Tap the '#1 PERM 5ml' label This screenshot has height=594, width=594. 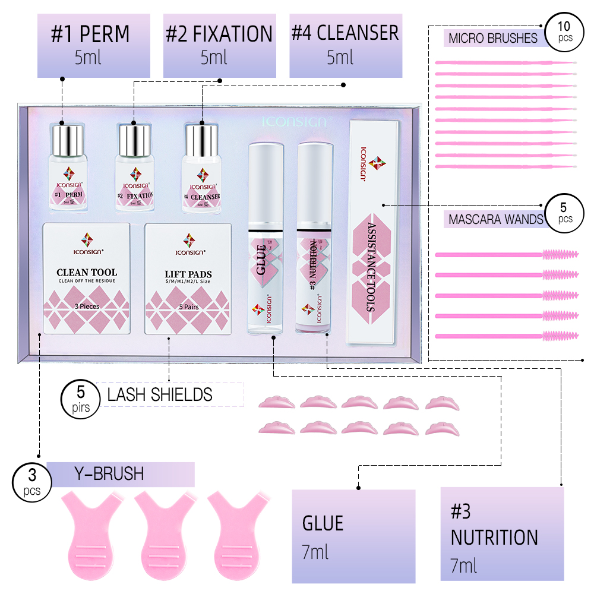pos(90,46)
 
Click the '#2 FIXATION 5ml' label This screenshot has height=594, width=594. pos(220,46)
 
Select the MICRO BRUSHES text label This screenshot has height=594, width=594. pos(493,39)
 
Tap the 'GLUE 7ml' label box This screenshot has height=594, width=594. pos(353,536)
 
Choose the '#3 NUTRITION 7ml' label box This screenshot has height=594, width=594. pos(502,533)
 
